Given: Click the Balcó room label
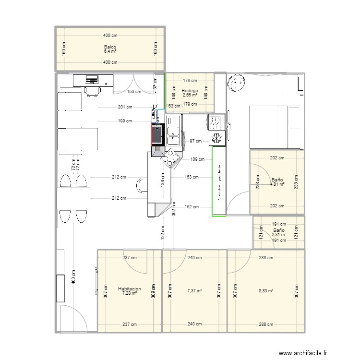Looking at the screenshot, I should pos(109,46).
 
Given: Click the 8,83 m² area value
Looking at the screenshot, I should pos(265,291).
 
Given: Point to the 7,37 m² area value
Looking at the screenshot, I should pos(194,291).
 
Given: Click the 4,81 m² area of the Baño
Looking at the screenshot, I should pos(277,184).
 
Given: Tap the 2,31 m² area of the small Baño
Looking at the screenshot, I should pos(278,235).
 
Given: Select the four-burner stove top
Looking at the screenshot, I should pos(170,157).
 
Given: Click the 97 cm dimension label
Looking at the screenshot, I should pos(196,141).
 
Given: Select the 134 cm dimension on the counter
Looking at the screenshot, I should pos(163,180).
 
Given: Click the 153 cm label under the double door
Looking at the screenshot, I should pos(134,92).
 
